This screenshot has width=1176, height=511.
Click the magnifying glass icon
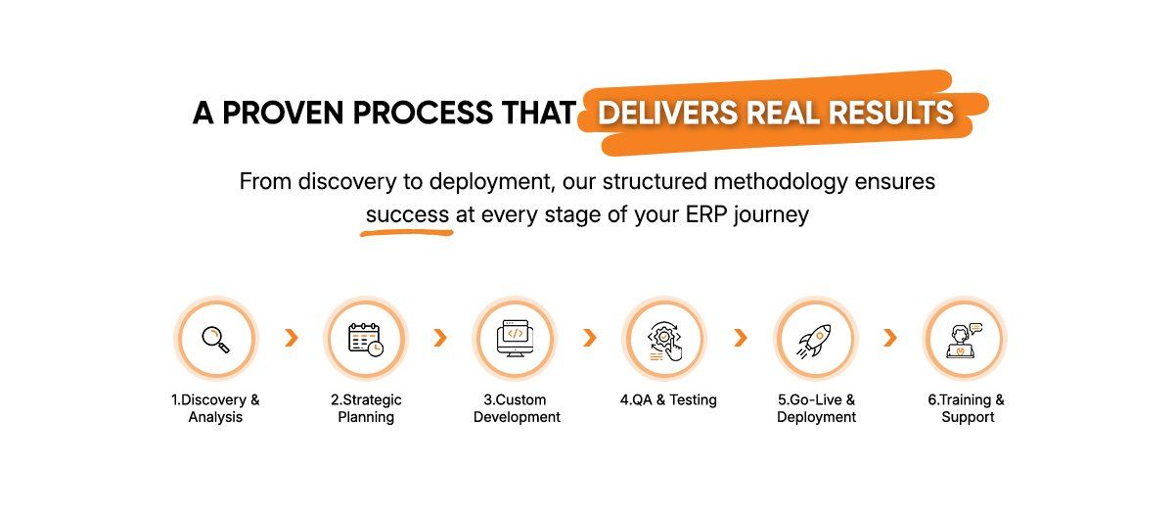click(216, 340)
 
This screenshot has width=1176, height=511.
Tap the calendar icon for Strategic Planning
click(366, 340)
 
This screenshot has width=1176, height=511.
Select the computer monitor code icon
click(515, 339)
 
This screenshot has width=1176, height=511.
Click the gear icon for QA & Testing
click(664, 341)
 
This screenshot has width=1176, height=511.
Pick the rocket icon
click(814, 341)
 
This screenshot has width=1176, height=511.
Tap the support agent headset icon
click(965, 341)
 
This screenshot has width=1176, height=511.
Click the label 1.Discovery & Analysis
click(215, 408)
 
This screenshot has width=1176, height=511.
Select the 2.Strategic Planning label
click(366, 408)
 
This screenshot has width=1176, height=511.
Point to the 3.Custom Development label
click(517, 408)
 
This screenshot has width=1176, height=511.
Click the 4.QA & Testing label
click(668, 399)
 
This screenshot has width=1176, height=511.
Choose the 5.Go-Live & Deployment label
click(816, 408)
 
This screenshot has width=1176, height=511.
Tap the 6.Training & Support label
click(966, 408)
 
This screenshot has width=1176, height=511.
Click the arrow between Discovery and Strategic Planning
click(292, 338)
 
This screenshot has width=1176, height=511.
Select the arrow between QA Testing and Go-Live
click(741, 338)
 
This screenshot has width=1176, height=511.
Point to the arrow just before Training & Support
click(890, 338)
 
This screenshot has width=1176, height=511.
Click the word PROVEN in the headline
click(283, 113)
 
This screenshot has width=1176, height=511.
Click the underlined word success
click(407, 214)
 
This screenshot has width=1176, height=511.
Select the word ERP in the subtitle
click(706, 214)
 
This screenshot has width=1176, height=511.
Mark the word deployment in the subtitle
click(492, 182)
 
